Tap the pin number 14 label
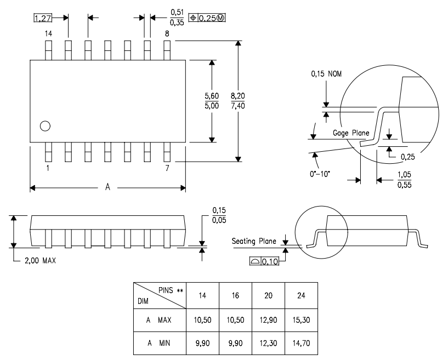coord(48,34)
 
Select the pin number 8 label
coord(167,34)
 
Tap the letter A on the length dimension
coord(108,188)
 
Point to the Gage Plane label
coord(351,133)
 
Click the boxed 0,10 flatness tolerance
coord(265,262)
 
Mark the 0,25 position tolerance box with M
coord(207,18)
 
